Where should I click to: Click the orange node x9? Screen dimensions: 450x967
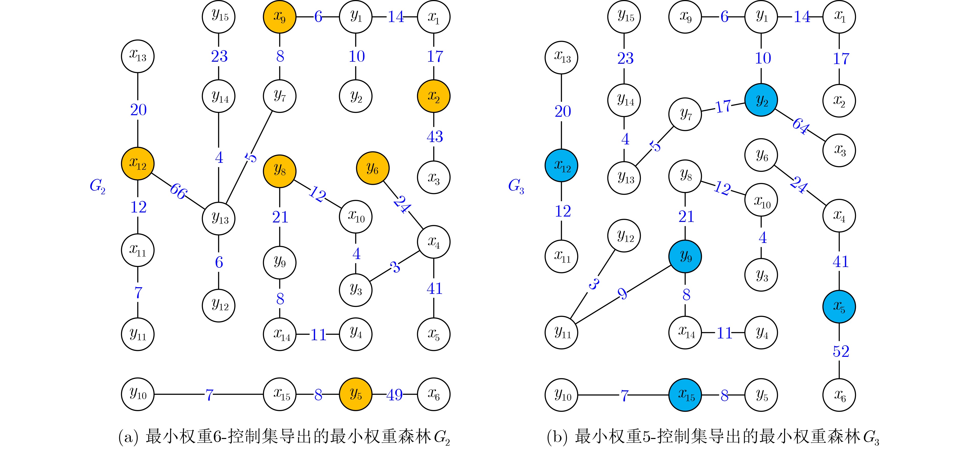[x=279, y=17]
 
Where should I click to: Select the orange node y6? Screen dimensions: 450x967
[x=372, y=168]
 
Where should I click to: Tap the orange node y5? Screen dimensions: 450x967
[x=356, y=394]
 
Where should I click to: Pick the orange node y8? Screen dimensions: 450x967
[x=279, y=171]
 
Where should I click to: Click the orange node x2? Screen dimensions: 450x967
[x=434, y=97]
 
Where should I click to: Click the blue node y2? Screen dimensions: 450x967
[x=761, y=100]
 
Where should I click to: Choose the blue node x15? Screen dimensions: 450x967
[x=685, y=395]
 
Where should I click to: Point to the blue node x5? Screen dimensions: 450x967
[x=839, y=306]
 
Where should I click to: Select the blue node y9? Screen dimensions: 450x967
[x=685, y=256]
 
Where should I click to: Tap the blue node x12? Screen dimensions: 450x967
[x=561, y=166]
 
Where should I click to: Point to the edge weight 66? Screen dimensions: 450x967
[x=178, y=191]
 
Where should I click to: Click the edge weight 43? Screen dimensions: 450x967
[x=434, y=136]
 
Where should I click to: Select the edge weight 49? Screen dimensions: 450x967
[x=394, y=395]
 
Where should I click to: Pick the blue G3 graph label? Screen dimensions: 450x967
[x=516, y=186]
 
